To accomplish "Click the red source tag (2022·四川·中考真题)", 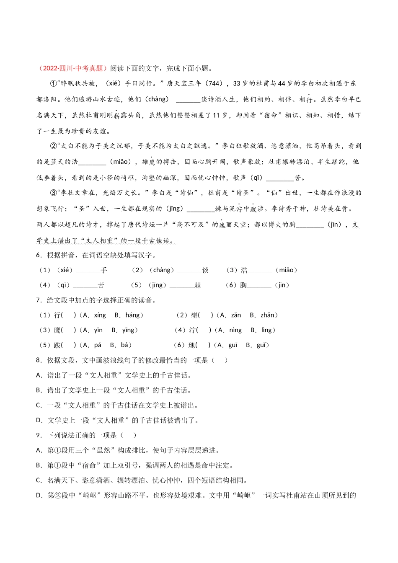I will pos(72,68).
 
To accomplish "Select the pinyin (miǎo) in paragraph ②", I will pos(120,162).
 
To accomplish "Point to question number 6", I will pos(39,255).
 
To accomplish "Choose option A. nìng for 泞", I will pos(230,330).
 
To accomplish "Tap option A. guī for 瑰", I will pos(228,345).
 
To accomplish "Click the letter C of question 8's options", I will pos(39,405).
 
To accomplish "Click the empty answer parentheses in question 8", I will pos(220,360).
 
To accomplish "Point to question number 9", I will pos(39,435).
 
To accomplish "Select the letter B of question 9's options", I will pos(39,465).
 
